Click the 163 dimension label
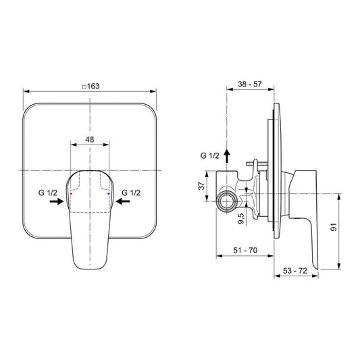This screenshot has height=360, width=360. pyautogui.click(x=93, y=86)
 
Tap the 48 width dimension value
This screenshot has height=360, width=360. pyautogui.click(x=90, y=139)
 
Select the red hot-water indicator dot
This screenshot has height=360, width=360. pyautogui.click(x=71, y=194)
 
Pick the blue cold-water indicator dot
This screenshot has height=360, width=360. pyautogui.click(x=108, y=194)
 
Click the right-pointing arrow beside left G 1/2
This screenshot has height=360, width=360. pyautogui.click(x=57, y=201)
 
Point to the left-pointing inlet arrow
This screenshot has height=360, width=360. pyautogui.click(x=123, y=201)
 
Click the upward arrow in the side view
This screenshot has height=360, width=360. pyautogui.click(x=227, y=155)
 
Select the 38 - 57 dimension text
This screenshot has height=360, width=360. pyautogui.click(x=249, y=84)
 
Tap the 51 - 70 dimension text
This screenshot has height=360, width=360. pyautogui.click(x=245, y=250)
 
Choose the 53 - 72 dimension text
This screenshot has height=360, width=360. pyautogui.click(x=295, y=271)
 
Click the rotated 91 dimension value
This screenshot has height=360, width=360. pyautogui.click(x=334, y=227)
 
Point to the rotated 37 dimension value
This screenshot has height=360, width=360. pyautogui.click(x=201, y=186)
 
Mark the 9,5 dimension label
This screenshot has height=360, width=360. pyautogui.click(x=241, y=219)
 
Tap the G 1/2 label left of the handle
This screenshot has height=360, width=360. pyautogui.click(x=48, y=192)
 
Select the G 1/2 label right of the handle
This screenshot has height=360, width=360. pyautogui.click(x=131, y=192)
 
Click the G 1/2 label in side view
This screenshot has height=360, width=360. pyautogui.click(x=210, y=155)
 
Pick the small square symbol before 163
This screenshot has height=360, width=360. pyautogui.click(x=84, y=87)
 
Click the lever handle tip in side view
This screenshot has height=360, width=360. pyautogui.click(x=316, y=268)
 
